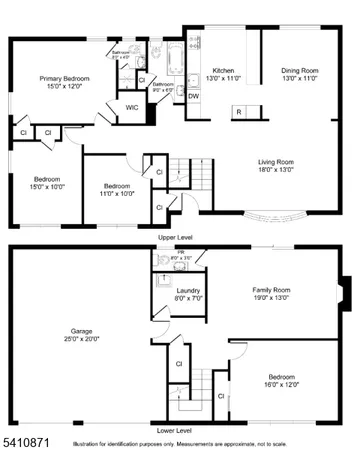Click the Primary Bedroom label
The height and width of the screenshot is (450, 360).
tap(65, 78)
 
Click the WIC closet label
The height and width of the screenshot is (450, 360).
tap(131, 107)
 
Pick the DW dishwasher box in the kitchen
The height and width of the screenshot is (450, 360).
tap(193, 96)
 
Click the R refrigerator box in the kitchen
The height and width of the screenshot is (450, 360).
tap(239, 112)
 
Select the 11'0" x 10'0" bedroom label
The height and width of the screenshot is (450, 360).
tap(118, 187)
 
